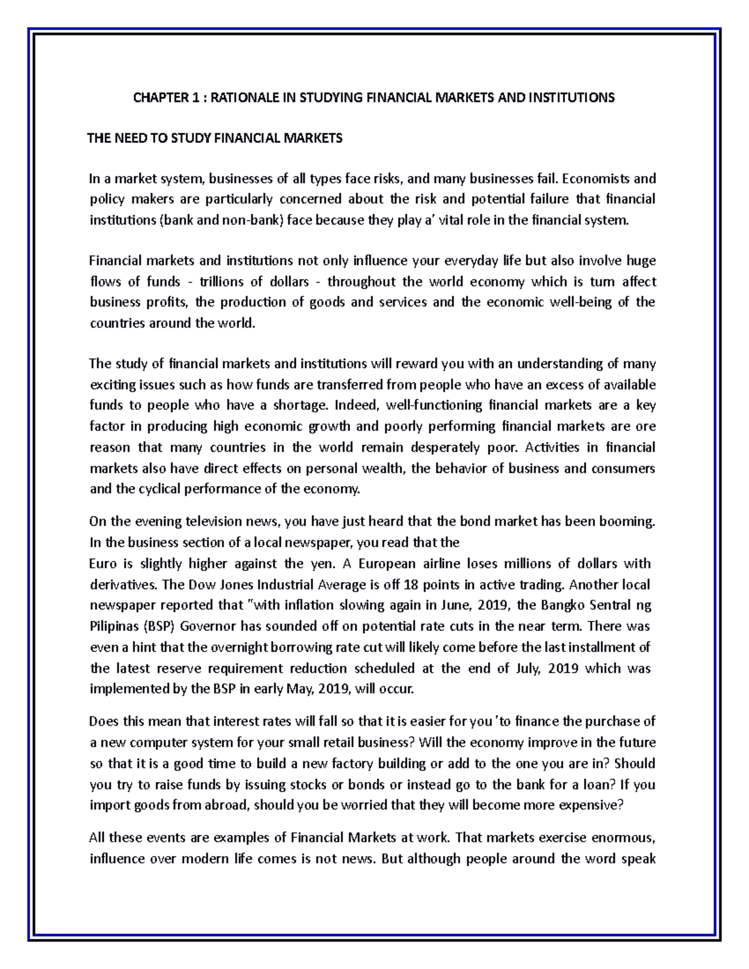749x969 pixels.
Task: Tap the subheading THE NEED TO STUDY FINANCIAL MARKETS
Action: click(215, 139)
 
